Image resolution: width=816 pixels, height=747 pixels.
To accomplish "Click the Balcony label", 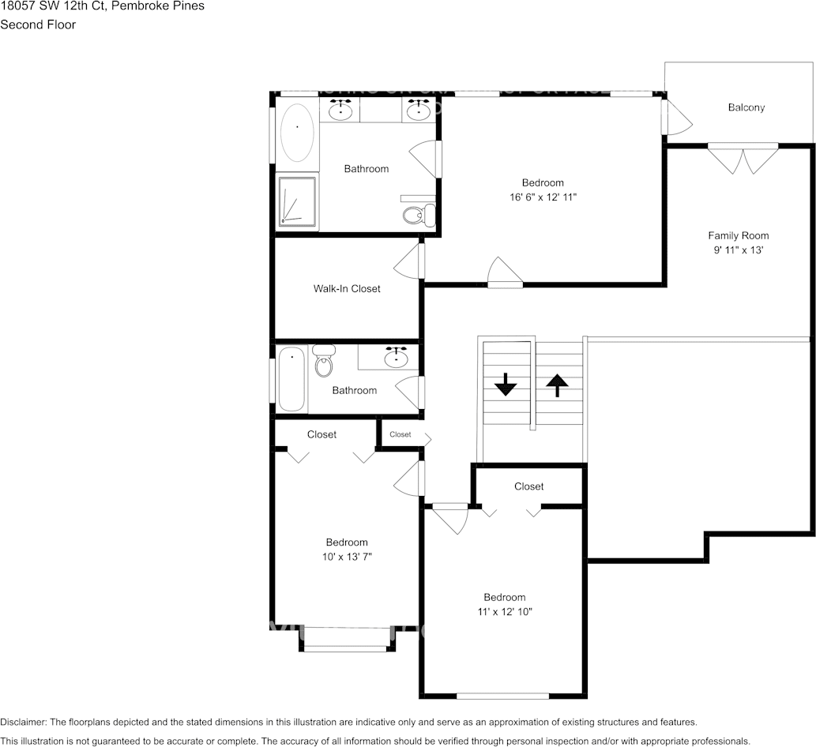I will [746, 107].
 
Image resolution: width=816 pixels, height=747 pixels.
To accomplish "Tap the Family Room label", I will [738, 235].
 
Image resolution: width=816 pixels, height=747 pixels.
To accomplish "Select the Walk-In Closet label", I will [347, 289].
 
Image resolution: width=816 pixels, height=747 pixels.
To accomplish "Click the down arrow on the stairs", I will [505, 385].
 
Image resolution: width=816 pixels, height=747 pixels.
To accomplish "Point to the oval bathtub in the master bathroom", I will [298, 132].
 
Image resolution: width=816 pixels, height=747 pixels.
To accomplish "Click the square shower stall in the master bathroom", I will [297, 203].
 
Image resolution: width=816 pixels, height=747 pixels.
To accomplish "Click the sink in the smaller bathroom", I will [396, 358].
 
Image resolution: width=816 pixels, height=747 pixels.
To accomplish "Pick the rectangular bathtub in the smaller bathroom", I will [291, 379].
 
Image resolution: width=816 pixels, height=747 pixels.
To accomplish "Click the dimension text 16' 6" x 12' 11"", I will [543, 197].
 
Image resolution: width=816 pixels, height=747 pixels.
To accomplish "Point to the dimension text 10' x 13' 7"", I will [347, 557].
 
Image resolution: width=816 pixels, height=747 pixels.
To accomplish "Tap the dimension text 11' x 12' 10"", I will [505, 612].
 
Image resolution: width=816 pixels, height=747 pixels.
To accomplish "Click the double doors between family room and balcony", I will [743, 159].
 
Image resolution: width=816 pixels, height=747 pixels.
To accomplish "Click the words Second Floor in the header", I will [38, 24].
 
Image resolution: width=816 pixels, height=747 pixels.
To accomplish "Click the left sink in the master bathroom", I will [340, 110].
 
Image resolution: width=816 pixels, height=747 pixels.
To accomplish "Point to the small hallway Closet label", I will [400, 434].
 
